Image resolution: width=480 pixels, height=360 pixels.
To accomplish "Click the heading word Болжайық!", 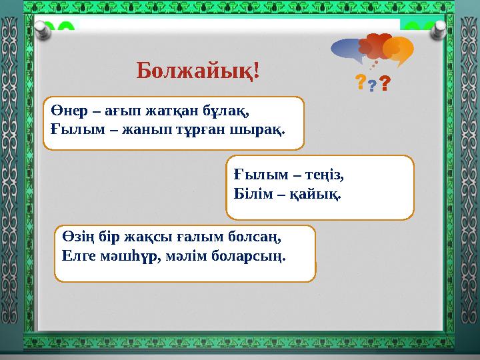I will point(198,70).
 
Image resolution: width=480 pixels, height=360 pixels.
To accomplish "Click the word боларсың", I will point(257,256).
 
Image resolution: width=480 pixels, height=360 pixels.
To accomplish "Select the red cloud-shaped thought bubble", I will point(374,46).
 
